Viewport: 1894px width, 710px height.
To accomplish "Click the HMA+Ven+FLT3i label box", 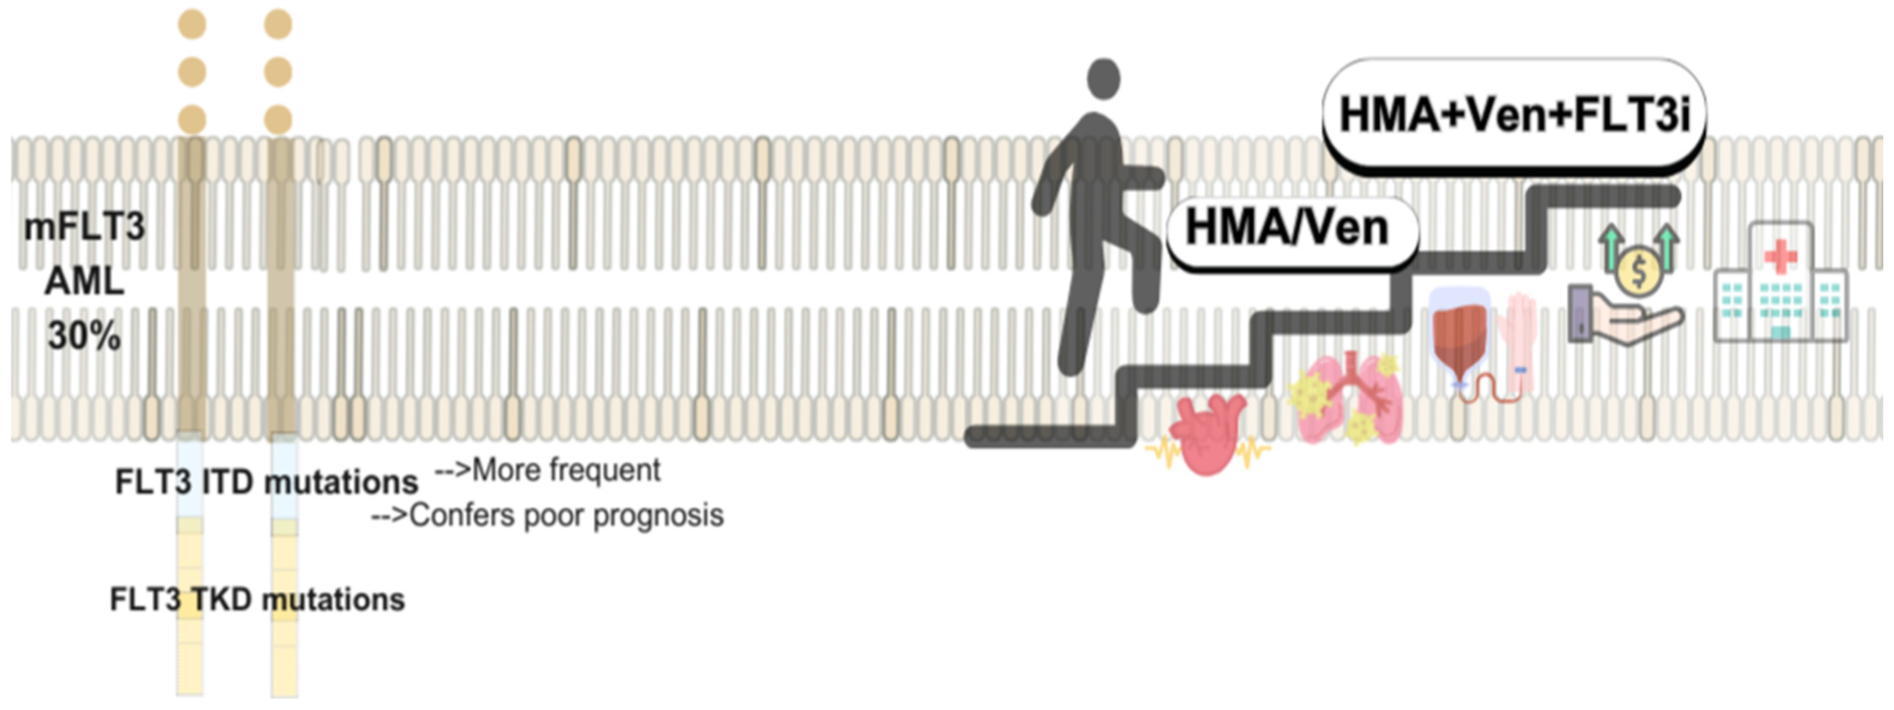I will click(x=1513, y=115).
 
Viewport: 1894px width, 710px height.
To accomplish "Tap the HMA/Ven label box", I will click(x=1290, y=229).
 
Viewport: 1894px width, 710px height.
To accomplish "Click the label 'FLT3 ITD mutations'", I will click(x=266, y=483).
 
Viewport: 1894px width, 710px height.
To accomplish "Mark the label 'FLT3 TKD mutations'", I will click(x=257, y=600).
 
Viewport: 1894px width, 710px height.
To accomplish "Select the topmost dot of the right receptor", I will click(x=278, y=24).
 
